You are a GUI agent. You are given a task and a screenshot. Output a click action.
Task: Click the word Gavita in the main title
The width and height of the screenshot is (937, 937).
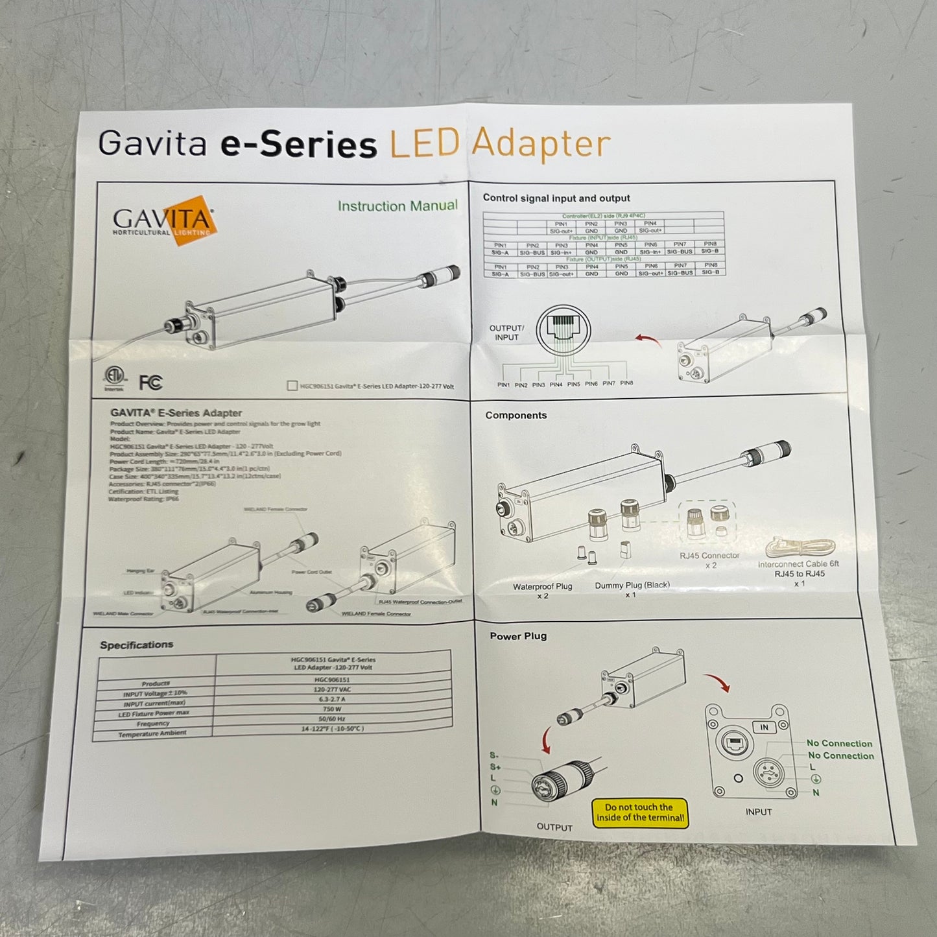[152, 143]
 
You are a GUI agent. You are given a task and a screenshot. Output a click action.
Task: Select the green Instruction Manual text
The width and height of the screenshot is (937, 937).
[397, 206]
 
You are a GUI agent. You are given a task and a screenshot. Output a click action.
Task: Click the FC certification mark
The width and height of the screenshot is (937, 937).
[150, 383]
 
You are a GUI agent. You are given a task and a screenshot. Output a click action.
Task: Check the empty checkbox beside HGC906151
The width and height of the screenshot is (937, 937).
[292, 386]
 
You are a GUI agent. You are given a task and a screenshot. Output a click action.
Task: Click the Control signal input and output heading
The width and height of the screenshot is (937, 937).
[556, 198]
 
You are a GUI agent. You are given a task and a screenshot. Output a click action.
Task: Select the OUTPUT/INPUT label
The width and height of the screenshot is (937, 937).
[506, 333]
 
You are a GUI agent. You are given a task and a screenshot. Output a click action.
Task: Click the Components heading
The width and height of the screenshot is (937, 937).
[516, 415]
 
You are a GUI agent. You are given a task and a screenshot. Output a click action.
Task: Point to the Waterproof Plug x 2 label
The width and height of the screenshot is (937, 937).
[543, 591]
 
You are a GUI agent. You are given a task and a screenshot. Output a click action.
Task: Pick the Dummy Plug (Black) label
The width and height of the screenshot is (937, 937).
[632, 589]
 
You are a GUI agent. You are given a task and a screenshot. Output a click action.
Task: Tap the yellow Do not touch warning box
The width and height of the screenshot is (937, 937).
[639, 812]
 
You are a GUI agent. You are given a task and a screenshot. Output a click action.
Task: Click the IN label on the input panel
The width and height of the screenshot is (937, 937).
[764, 727]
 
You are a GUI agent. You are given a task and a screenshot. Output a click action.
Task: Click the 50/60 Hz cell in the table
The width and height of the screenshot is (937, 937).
[332, 719]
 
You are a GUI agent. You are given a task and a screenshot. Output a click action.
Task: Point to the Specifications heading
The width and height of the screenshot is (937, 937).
[136, 645]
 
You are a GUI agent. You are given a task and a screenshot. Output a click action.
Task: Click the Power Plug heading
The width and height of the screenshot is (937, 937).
[518, 636]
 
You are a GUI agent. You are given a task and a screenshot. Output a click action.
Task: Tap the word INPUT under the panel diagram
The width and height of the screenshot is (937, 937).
[758, 812]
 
